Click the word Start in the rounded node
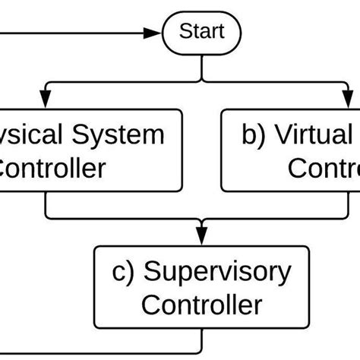pos(201,33)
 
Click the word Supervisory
pos(217,271)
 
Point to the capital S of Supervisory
pos(152,271)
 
